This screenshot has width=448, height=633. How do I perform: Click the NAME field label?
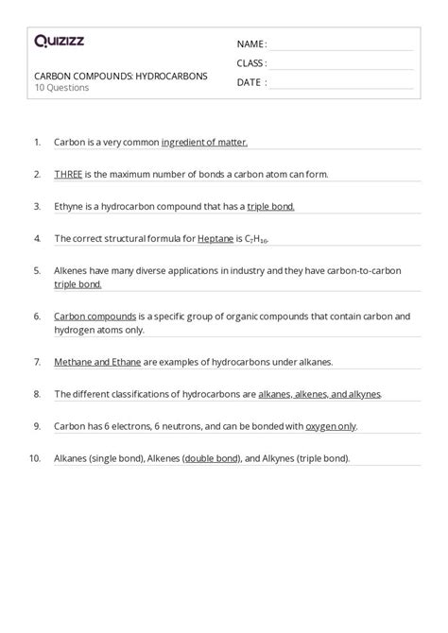pos(250,44)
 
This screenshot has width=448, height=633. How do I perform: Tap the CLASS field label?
pos(251,63)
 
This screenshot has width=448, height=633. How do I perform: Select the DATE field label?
pos(250,82)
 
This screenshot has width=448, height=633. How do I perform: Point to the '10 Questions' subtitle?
pos(61,88)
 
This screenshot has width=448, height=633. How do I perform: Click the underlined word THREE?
pos(69,174)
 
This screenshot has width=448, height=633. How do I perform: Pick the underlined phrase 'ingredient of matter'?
pos(205,142)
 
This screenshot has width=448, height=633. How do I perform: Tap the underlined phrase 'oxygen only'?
pos(332,426)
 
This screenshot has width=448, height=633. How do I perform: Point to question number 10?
pos(35,458)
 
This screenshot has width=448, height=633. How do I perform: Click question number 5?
pos(37,270)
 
